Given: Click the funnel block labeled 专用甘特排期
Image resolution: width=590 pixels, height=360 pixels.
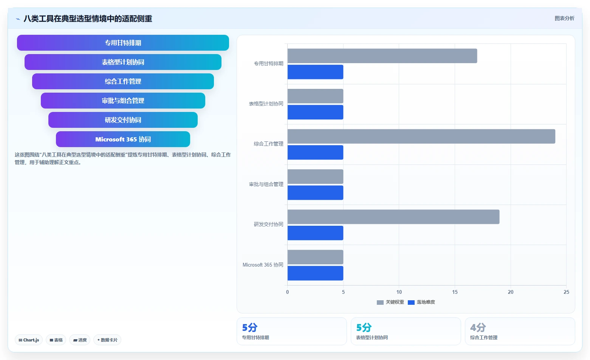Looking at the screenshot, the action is tap(123, 43).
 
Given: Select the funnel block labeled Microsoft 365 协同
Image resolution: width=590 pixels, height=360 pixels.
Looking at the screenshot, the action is tap(123, 139).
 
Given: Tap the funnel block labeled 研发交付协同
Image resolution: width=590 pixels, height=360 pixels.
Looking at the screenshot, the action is tap(123, 120).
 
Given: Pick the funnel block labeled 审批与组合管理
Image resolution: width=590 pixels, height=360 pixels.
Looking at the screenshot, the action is tap(123, 101).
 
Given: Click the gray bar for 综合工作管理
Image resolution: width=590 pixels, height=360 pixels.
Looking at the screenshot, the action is tap(421, 136).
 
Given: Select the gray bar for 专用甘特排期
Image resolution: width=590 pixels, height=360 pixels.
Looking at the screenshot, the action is tap(382, 56).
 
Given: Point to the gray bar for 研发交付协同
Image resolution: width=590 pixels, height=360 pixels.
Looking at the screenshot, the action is tap(393, 217).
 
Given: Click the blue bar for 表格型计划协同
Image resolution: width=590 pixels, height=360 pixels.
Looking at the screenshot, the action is tap(315, 112).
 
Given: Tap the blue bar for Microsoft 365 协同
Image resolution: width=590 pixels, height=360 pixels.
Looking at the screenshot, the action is tap(315, 273).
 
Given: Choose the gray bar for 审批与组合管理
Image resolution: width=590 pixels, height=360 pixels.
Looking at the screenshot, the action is tap(315, 177).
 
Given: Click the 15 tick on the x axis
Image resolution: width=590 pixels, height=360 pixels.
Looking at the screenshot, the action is tap(455, 292).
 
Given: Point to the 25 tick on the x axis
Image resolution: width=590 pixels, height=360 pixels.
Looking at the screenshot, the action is tap(566, 292).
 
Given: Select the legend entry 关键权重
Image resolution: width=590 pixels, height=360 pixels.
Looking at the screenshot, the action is tap(390, 302).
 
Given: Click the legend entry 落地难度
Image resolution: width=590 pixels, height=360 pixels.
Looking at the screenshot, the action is tap(421, 302).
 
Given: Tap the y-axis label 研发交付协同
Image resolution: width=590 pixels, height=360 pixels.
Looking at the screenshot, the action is tap(268, 224).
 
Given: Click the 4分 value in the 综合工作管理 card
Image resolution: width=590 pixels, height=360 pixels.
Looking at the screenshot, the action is tap(478, 327).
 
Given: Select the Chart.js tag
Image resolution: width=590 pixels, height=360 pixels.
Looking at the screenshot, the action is tap(29, 340).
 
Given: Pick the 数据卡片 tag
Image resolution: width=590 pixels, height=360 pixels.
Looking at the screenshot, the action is tap(107, 340).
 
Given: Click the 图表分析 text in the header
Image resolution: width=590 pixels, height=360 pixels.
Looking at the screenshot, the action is tap(564, 18).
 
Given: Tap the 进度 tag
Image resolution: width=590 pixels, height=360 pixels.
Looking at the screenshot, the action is tap(80, 340).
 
